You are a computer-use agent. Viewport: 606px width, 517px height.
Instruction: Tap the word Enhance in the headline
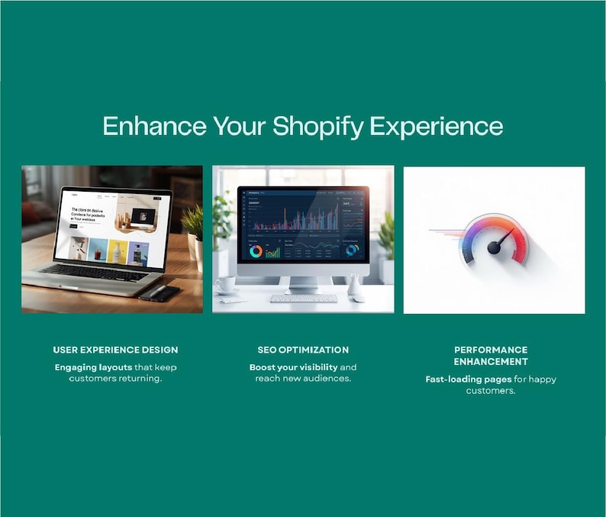pyautogui.click(x=154, y=126)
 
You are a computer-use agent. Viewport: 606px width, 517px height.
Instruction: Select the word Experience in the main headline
pyautogui.click(x=437, y=126)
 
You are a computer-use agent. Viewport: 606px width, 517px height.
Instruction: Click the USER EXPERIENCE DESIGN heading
pyautogui.click(x=115, y=350)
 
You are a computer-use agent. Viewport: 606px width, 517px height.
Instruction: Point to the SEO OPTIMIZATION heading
pyautogui.click(x=303, y=350)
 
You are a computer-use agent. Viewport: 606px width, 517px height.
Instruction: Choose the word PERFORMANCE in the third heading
pyautogui.click(x=491, y=350)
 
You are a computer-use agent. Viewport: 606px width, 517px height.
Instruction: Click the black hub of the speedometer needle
pyautogui.click(x=494, y=247)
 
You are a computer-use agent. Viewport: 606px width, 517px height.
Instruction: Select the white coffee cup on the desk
pyautogui.click(x=226, y=285)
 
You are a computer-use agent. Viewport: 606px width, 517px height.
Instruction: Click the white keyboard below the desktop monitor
pyautogui.click(x=303, y=298)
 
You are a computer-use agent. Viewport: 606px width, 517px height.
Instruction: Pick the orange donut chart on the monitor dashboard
pyautogui.click(x=256, y=251)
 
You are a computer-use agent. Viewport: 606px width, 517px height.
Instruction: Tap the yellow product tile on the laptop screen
pyautogui.click(x=118, y=250)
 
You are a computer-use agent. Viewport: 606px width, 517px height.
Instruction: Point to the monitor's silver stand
pyautogui.click(x=304, y=283)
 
